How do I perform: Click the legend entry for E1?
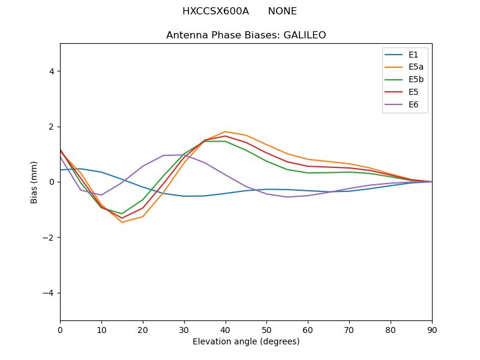click(x=404, y=55)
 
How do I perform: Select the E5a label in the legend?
click(x=404, y=67)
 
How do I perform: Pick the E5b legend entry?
click(x=404, y=80)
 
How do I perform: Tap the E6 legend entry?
click(x=404, y=105)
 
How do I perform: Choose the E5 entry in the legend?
click(x=404, y=92)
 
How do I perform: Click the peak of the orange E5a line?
click(x=225, y=131)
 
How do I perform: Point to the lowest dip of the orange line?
click(x=122, y=222)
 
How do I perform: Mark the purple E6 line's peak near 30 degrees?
click(x=184, y=155)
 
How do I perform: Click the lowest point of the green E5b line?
click(x=122, y=214)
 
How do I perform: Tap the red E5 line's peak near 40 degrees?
click(x=225, y=136)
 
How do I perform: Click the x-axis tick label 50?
click(x=266, y=329)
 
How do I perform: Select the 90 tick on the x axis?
click(x=432, y=329)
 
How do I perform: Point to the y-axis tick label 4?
click(x=51, y=71)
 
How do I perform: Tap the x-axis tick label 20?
click(x=143, y=329)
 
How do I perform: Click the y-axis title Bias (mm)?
click(x=34, y=182)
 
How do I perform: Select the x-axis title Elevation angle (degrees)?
click(x=246, y=342)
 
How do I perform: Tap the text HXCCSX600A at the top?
click(x=215, y=11)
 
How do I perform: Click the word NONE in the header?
click(x=282, y=11)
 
